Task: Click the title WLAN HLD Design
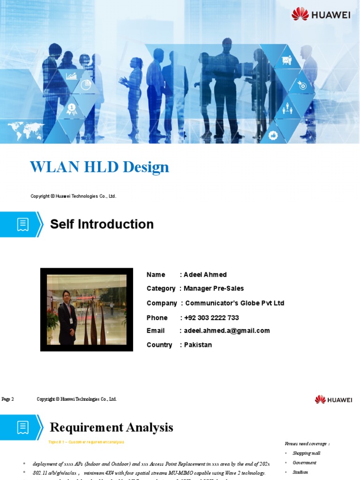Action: (x=99, y=167)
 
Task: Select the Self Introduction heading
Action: (x=102, y=224)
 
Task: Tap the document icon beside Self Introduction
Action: (x=22, y=225)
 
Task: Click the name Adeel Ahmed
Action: (x=205, y=275)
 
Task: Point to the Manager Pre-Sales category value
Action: (x=214, y=288)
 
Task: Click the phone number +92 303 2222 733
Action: (x=211, y=318)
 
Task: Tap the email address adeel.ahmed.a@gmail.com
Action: (x=227, y=330)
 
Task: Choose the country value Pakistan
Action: (x=198, y=345)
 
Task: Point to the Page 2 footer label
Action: (x=8, y=399)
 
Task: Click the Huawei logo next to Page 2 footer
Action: (x=333, y=400)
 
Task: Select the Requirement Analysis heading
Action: (x=111, y=427)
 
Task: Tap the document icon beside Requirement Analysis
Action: (x=22, y=427)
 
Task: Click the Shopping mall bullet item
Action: (x=306, y=453)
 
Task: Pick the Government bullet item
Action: (x=304, y=463)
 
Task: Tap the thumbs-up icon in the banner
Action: (x=274, y=135)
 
